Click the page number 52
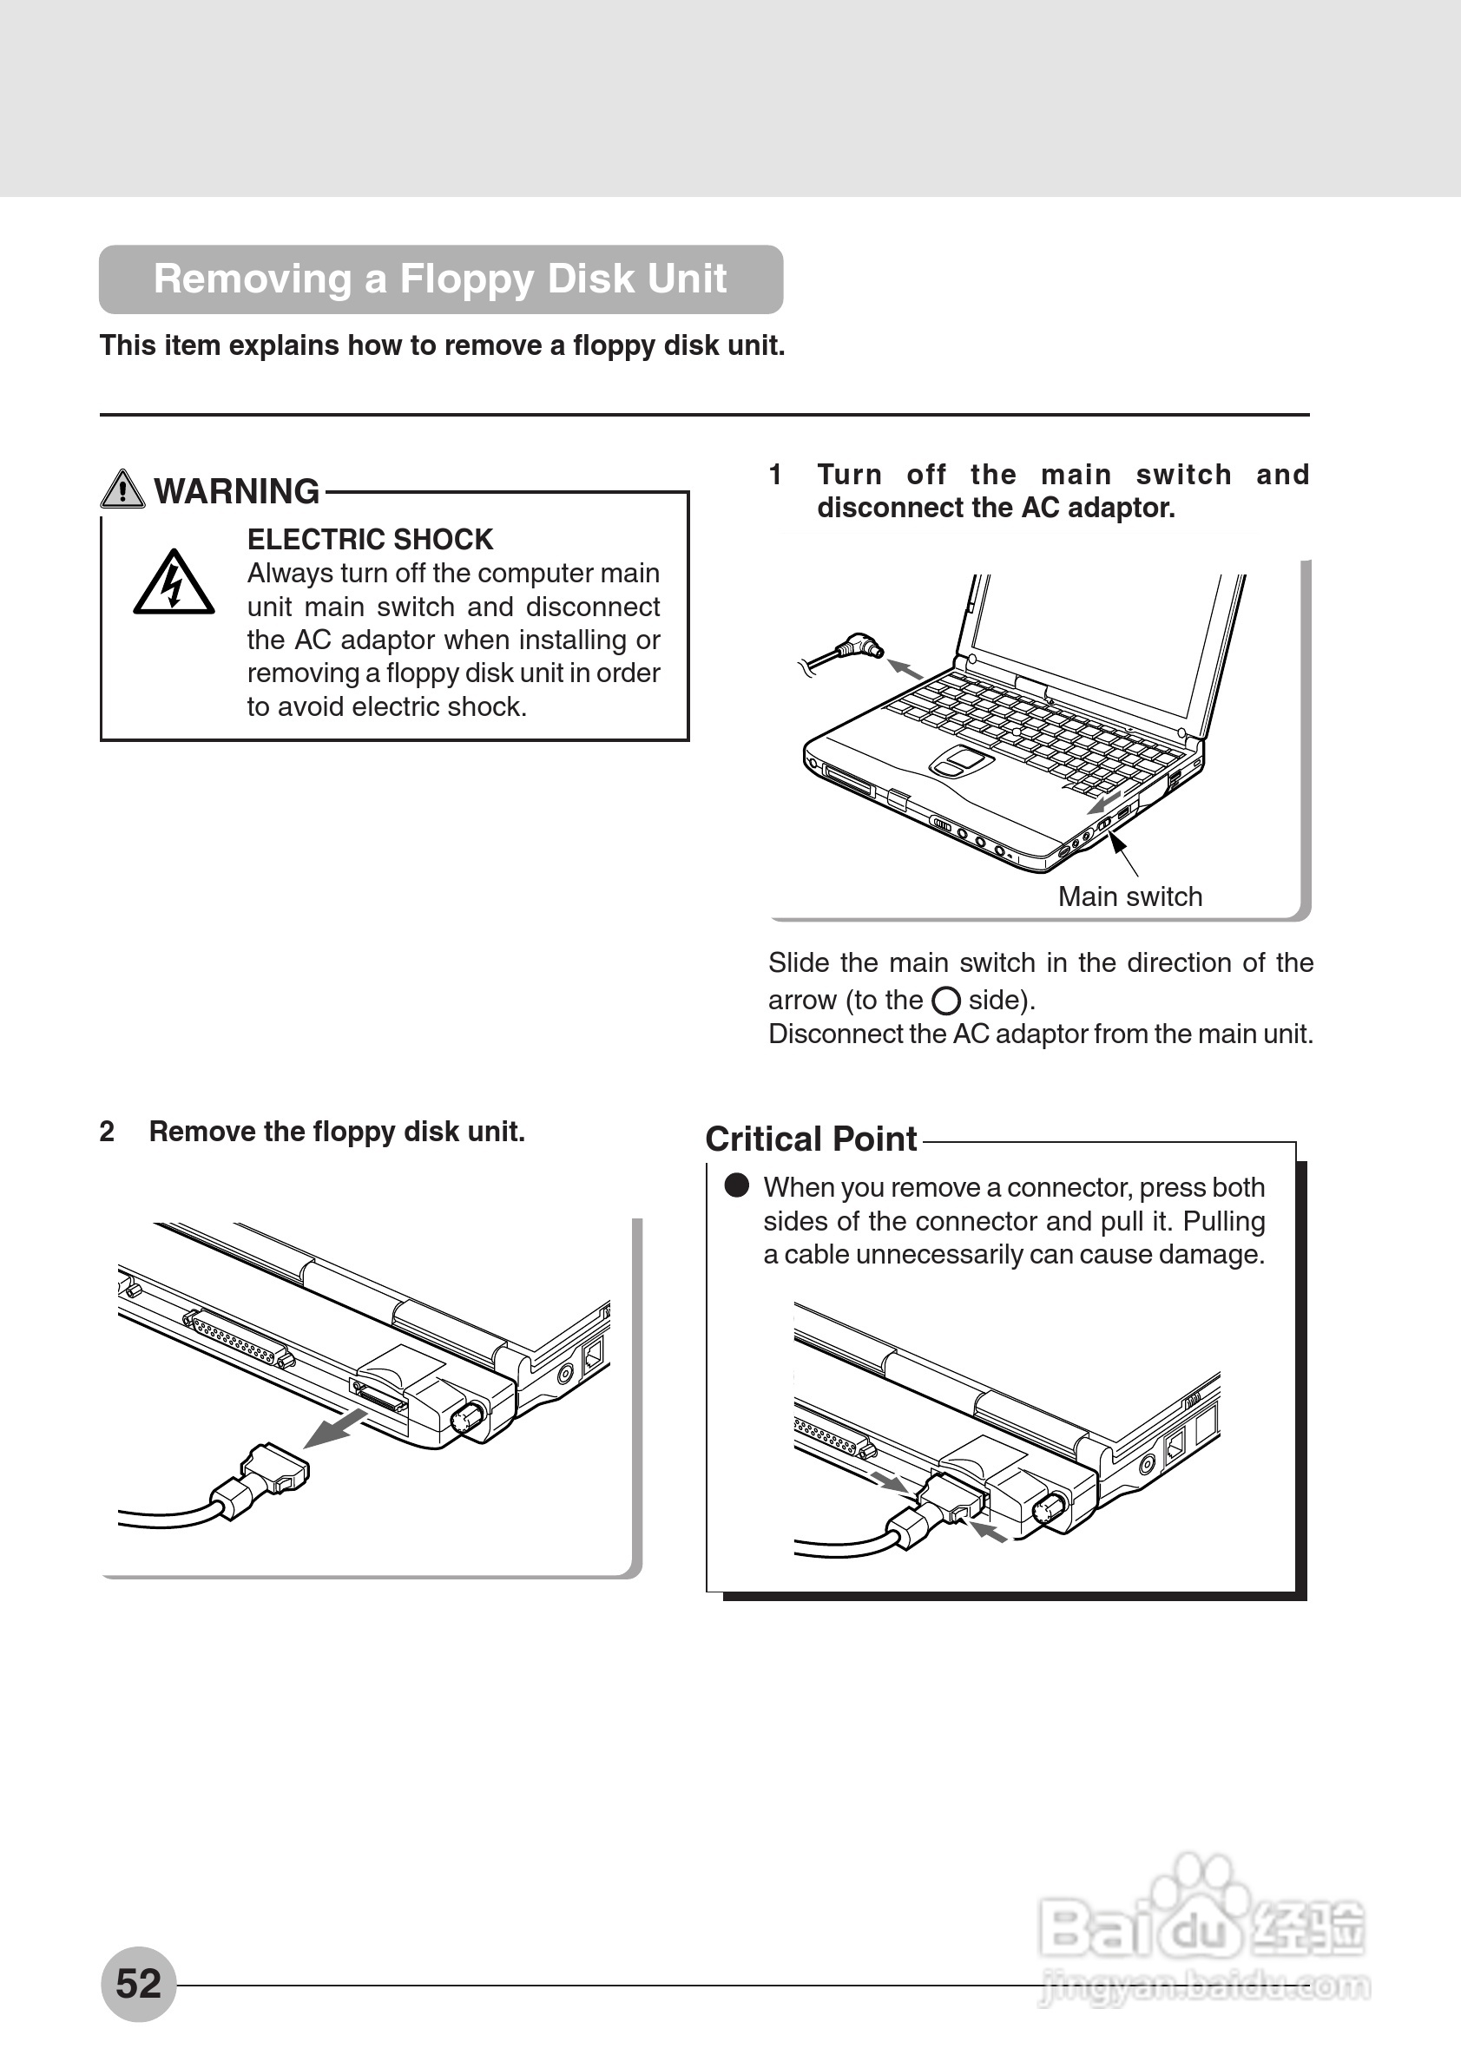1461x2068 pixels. click(x=138, y=1983)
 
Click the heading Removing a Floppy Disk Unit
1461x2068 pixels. click(x=439, y=279)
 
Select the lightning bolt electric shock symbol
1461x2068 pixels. click(x=174, y=584)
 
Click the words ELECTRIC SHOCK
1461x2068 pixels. click(x=370, y=540)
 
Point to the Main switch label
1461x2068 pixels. click(x=1129, y=896)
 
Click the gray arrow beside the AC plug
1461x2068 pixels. click(x=905, y=669)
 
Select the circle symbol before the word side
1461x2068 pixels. click(x=945, y=1001)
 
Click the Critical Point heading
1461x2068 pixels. click(x=811, y=1139)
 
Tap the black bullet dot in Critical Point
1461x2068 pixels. click(x=737, y=1186)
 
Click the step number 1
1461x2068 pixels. click(x=775, y=475)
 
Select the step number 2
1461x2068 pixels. click(x=107, y=1132)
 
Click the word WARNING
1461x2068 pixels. click(x=237, y=492)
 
